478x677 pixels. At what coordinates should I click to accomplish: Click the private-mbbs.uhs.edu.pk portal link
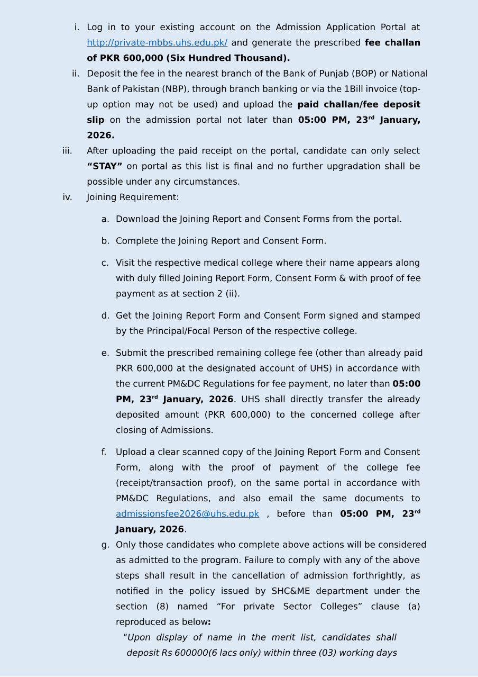coord(157,43)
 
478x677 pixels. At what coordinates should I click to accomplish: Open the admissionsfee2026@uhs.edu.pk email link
coord(187,514)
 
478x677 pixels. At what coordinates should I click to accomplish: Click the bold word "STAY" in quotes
coord(105,166)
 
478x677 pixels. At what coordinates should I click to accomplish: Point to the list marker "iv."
coord(67,197)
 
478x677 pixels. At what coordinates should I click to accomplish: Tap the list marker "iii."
coord(67,151)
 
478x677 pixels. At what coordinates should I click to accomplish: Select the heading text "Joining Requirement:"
coord(133,197)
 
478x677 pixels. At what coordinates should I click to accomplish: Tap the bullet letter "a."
coord(105,219)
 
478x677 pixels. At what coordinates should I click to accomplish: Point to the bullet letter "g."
coord(105,545)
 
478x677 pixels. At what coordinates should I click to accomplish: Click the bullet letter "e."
coord(105,353)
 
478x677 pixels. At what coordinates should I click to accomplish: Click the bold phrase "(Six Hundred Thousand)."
coord(228,58)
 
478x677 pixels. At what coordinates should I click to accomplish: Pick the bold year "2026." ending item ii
coord(100,136)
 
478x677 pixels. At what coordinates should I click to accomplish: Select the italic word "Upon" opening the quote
coord(139,638)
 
